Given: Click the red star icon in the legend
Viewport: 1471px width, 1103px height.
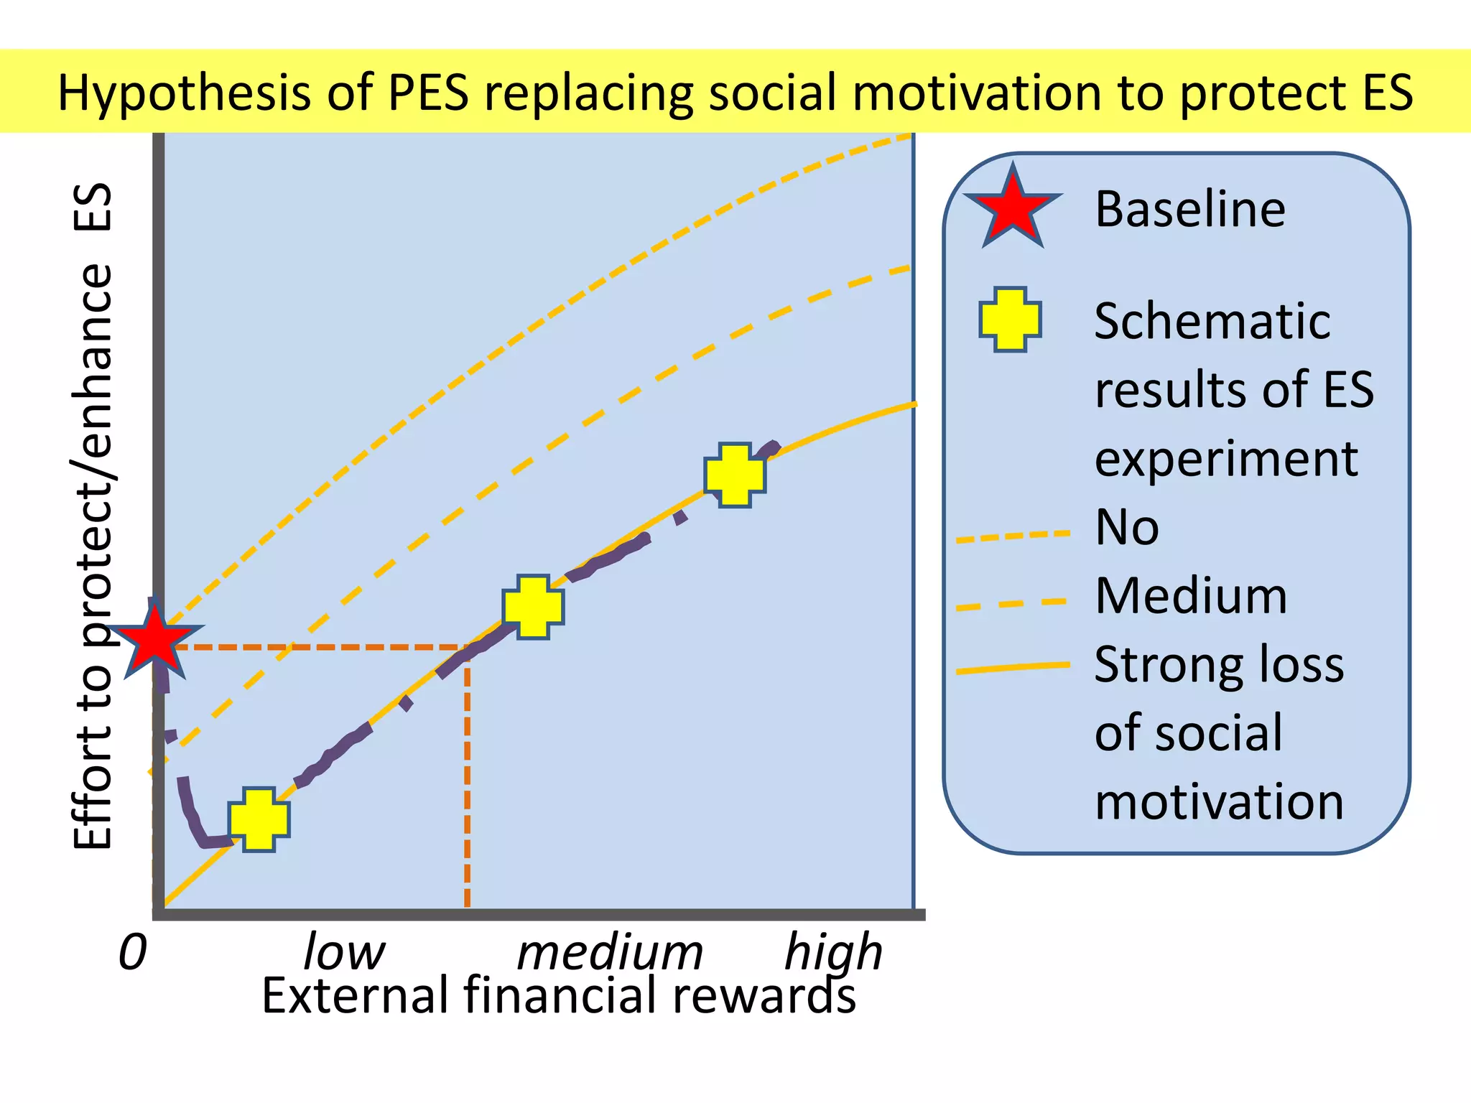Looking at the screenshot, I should point(1012,209).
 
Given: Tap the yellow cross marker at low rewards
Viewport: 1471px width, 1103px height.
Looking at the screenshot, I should point(259,819).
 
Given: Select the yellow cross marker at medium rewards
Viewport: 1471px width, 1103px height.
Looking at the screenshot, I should point(533,607).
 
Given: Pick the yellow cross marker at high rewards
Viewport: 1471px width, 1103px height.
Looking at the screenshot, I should point(735,475).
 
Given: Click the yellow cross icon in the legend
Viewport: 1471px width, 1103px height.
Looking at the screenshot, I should point(1010,320).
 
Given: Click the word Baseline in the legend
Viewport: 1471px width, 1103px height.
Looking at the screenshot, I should point(1189,209).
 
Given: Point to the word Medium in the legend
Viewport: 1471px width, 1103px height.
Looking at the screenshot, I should point(1191,596).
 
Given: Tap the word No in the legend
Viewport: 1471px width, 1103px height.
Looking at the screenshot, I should point(1126,528).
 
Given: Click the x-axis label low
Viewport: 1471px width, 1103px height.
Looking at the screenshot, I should point(344,952).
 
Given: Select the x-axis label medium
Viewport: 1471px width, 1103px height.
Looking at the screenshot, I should point(610,953).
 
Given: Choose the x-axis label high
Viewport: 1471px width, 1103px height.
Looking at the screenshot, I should point(833,952).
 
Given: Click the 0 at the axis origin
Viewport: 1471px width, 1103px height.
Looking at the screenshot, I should point(133,953).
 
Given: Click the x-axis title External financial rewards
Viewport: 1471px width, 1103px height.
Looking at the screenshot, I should point(559,997).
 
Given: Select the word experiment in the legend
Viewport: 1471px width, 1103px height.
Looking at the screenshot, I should point(1225,460).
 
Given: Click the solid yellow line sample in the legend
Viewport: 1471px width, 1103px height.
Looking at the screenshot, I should point(1013,668).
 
